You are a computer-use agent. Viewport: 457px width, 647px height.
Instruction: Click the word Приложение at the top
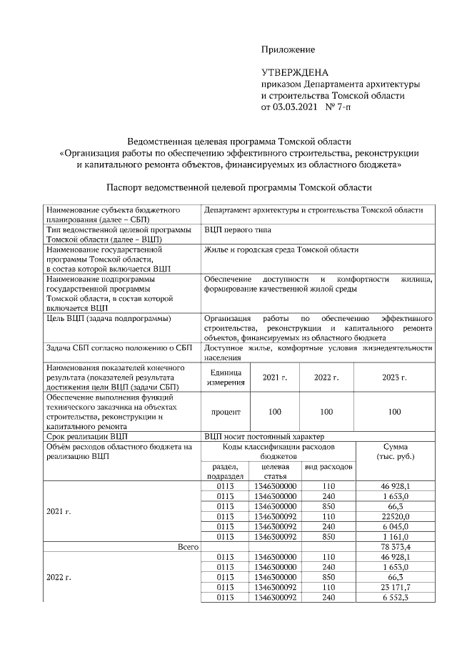tap(288, 49)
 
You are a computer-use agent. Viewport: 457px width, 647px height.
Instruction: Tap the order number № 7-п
tap(338, 107)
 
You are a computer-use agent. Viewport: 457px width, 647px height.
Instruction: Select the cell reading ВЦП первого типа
tap(237, 230)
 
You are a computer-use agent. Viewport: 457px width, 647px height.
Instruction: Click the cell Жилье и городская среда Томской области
tap(281, 250)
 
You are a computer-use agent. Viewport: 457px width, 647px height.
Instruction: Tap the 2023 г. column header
tap(394, 377)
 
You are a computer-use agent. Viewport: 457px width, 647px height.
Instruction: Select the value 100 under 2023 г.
tap(394, 413)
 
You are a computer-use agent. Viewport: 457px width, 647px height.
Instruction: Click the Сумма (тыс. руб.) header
tap(395, 451)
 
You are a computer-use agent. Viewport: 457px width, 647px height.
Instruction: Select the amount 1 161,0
tap(395, 535)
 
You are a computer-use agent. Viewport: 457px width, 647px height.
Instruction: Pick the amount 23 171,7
tap(395, 586)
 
